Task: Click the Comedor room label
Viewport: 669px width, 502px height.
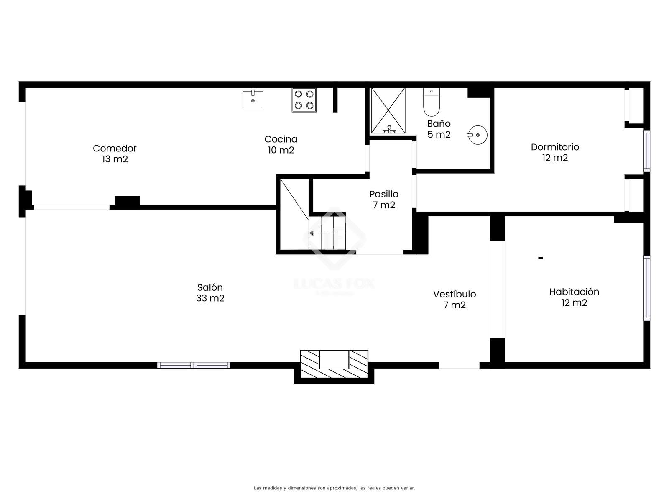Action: (115, 154)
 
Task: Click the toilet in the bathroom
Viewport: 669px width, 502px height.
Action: (431, 102)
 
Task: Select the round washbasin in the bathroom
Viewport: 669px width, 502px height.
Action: (477, 135)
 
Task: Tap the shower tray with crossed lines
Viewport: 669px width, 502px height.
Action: (388, 110)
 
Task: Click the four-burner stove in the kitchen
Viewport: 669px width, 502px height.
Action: (304, 100)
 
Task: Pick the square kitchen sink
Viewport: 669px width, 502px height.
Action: (253, 100)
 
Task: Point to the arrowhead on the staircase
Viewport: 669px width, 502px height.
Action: (311, 233)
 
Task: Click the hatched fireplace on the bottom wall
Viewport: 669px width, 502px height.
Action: (334, 364)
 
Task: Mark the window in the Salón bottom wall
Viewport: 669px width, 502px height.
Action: (194, 365)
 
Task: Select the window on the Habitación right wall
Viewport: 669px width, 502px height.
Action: (647, 288)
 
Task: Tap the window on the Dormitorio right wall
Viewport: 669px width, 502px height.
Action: (647, 151)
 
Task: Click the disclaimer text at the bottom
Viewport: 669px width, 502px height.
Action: (334, 488)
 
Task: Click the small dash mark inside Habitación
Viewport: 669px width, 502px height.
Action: (540, 258)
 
